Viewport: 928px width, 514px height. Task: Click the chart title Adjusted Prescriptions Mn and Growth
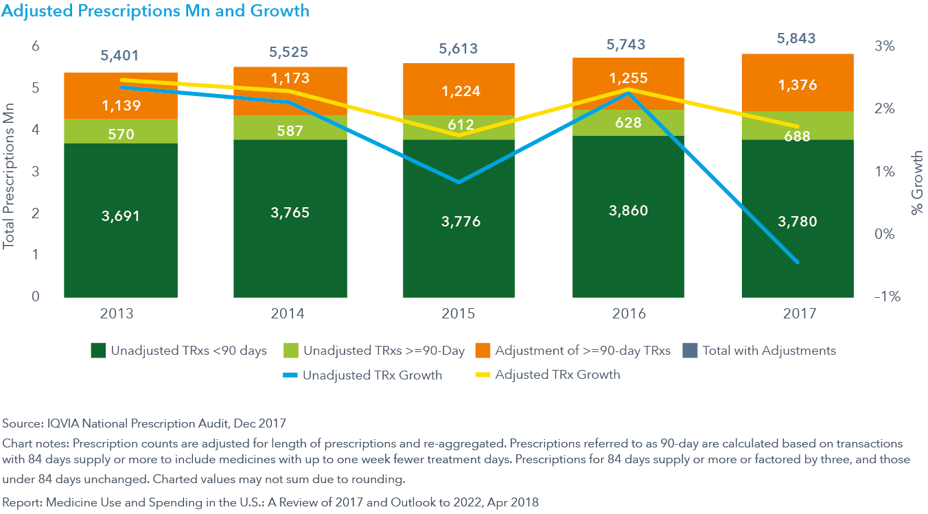point(156,11)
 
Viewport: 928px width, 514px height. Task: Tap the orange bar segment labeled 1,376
point(798,85)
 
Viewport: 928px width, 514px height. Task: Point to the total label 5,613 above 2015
point(458,49)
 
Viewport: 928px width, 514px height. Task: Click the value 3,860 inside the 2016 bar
point(628,210)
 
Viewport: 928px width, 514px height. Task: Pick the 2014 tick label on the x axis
point(289,314)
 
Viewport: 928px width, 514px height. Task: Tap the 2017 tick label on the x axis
point(798,314)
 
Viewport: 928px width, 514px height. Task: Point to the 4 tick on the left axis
point(35,130)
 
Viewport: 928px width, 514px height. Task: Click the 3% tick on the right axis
point(885,47)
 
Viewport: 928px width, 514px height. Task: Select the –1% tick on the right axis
point(884,297)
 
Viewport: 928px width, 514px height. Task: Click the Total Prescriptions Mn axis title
point(9,172)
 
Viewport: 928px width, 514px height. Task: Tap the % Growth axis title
point(917,182)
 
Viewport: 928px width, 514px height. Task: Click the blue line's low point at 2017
point(798,262)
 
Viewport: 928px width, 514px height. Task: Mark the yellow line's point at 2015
point(458,135)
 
